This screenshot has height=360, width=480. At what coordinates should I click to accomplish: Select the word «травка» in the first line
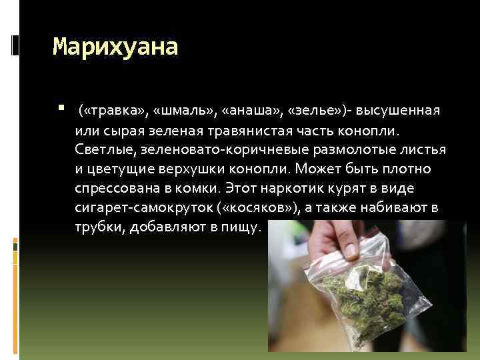[x=107, y=109]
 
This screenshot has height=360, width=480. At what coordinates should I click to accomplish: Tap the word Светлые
[x=103, y=147]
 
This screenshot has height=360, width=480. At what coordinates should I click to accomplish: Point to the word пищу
[x=241, y=227]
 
